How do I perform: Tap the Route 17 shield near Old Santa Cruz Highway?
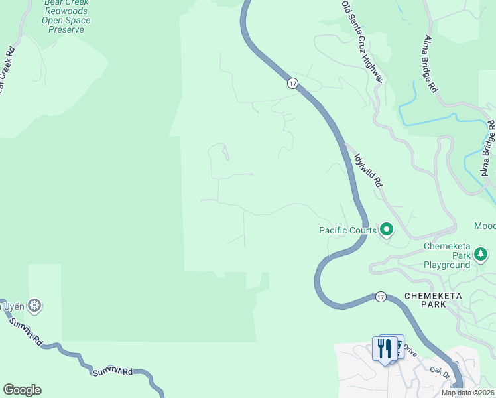(x=292, y=83)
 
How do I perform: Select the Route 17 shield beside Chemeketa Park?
(x=379, y=296)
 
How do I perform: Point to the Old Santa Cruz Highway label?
(x=363, y=41)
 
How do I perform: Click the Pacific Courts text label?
(x=347, y=231)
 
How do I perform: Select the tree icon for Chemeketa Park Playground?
(x=480, y=255)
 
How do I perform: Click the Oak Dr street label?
(x=440, y=373)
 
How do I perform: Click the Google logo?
(x=22, y=389)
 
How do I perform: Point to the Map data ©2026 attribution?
(x=467, y=393)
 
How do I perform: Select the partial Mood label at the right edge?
(x=485, y=226)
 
